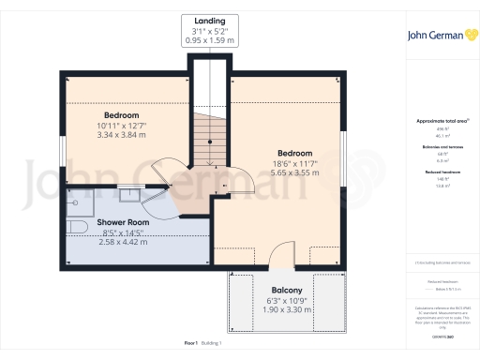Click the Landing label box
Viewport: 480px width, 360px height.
point(209,30)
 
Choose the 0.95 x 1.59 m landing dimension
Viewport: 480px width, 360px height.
point(209,41)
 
